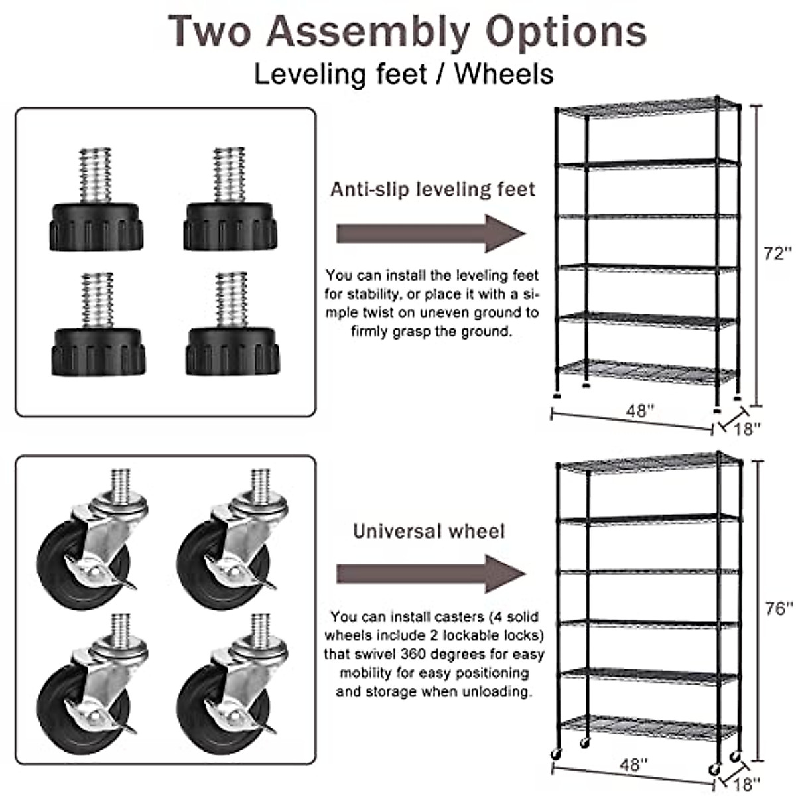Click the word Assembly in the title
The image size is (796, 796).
tap(368, 31)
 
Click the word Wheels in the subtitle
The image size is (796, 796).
tap(504, 74)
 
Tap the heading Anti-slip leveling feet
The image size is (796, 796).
tap(432, 190)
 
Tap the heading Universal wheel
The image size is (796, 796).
tap(429, 531)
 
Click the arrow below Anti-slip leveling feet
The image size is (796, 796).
tap(431, 233)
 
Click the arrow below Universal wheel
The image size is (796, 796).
tap(431, 574)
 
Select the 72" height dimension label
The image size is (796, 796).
tap(777, 253)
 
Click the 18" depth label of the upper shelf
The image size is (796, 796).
tap(747, 429)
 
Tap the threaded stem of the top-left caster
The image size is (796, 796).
tap(121, 480)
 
